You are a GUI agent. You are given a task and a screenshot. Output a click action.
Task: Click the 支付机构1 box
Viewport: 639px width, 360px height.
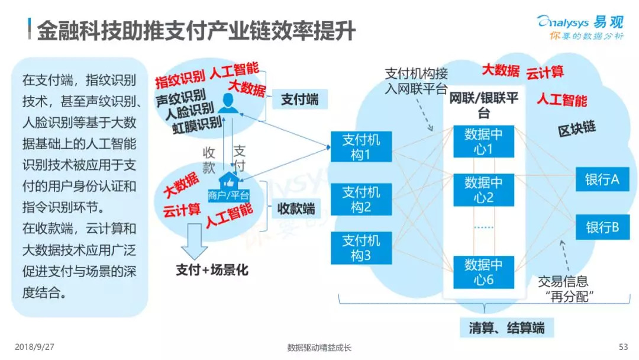click(361, 147)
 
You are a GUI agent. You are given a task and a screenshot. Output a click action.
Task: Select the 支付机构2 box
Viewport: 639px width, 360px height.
click(361, 199)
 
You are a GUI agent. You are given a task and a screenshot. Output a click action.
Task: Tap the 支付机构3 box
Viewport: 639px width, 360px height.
click(361, 248)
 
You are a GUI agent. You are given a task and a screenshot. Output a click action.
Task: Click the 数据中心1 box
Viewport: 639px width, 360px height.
click(483, 142)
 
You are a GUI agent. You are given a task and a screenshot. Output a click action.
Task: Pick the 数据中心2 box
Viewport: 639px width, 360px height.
click(483, 189)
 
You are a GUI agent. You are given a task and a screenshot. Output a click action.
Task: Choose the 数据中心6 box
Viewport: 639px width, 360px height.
click(483, 272)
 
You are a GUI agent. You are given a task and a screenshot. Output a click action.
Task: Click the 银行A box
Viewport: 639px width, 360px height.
click(602, 179)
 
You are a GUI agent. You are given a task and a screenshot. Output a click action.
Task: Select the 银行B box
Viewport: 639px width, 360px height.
click(602, 227)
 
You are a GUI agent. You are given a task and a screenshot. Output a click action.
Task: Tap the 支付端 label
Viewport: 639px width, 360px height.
click(299, 99)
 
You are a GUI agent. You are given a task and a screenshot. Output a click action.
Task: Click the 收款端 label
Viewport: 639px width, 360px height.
click(296, 209)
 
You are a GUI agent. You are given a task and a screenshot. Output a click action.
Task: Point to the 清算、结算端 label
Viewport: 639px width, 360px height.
click(506, 328)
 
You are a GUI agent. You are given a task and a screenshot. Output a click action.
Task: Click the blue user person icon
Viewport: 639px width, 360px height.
click(228, 103)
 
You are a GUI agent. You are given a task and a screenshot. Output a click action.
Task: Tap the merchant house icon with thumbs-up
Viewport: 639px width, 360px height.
click(228, 181)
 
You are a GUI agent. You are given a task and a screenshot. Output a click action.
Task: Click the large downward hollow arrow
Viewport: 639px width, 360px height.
click(194, 242)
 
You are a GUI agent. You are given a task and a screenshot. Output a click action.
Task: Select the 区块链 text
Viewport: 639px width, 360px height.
click(577, 129)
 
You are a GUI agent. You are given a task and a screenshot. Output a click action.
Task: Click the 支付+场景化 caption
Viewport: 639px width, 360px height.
click(212, 269)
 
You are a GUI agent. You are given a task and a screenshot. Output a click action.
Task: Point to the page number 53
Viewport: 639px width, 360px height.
click(623, 347)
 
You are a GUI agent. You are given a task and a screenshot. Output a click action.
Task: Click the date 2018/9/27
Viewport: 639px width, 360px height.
click(34, 347)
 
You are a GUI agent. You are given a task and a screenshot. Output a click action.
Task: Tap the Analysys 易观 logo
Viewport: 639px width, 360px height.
click(580, 27)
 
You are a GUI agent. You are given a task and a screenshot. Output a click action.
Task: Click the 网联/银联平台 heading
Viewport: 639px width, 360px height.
click(484, 105)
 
